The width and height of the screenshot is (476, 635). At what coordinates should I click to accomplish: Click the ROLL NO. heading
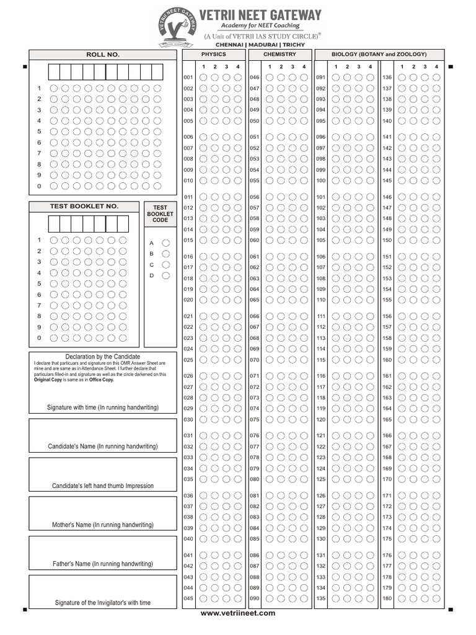[x=103, y=55]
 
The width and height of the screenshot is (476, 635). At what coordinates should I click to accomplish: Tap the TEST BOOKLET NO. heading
[x=84, y=206]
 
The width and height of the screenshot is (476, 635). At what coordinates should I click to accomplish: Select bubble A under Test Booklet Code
[x=165, y=243]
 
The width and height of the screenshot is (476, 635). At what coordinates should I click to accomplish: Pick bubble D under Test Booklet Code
[x=165, y=275]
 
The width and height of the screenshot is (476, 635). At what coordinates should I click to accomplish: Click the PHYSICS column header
[x=214, y=55]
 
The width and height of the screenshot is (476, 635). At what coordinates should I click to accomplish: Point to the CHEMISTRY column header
[x=280, y=55]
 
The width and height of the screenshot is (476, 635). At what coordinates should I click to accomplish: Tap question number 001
[x=188, y=78]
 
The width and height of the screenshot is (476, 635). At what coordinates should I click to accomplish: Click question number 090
[x=255, y=598]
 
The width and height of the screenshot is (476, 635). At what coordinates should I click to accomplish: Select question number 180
[x=387, y=598]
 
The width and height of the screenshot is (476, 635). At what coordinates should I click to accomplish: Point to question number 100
[x=321, y=180]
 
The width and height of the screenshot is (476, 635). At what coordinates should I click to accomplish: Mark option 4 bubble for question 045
[x=237, y=598]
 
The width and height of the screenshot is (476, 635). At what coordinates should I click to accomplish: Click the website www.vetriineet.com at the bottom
[x=238, y=613]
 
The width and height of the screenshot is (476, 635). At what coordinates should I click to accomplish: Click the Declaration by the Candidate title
[x=103, y=357]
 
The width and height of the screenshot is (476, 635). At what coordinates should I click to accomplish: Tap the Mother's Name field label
[x=103, y=525]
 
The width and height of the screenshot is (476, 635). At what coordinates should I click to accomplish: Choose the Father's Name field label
[x=103, y=564]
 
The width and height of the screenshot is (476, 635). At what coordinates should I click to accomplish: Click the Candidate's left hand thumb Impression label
[x=103, y=486]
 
